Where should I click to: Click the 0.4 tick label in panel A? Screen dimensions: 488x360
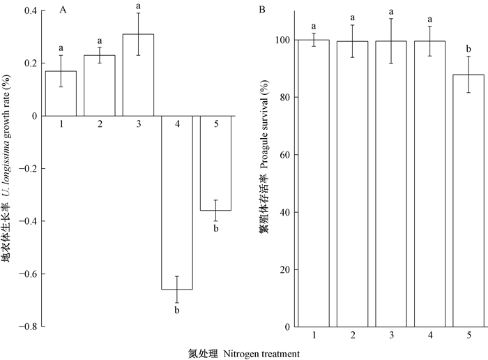coord(29,11)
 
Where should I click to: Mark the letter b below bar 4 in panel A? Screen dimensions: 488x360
coord(176,310)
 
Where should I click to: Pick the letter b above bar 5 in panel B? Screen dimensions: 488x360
coord(474,47)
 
